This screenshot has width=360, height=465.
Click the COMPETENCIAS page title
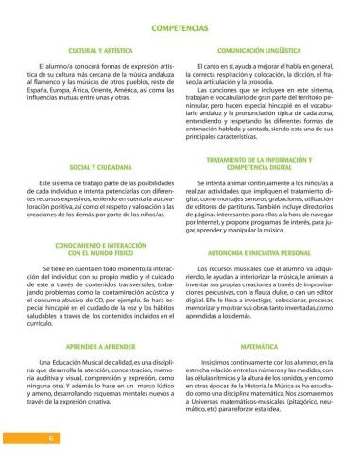180,30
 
